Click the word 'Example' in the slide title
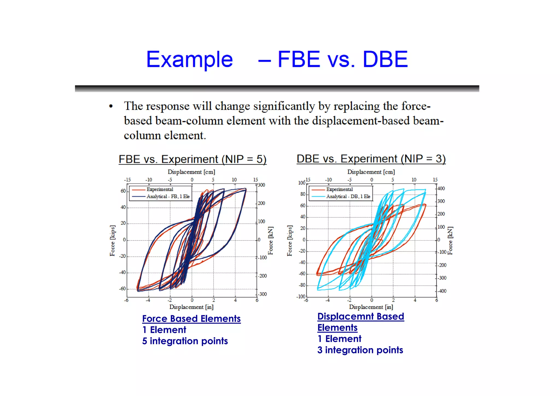[189, 59]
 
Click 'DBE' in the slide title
[385, 59]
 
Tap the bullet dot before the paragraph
[111, 106]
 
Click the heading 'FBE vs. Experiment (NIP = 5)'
[192, 159]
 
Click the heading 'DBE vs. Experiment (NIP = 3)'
[371, 159]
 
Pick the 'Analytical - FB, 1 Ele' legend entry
[168, 196]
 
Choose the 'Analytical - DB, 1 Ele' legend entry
[348, 196]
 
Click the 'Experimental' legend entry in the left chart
[160, 189]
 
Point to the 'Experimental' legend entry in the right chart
[339, 189]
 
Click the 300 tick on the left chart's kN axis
[261, 185]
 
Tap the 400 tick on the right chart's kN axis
[441, 189]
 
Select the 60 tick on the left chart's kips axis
[123, 191]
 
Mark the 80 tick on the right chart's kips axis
[303, 194]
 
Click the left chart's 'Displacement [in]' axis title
[191, 307]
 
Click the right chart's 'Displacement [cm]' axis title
[371, 172]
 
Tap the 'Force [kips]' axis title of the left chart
[112, 241]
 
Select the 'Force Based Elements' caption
[191, 319]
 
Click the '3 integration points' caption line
[360, 350]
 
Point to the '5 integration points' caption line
[185, 341]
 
